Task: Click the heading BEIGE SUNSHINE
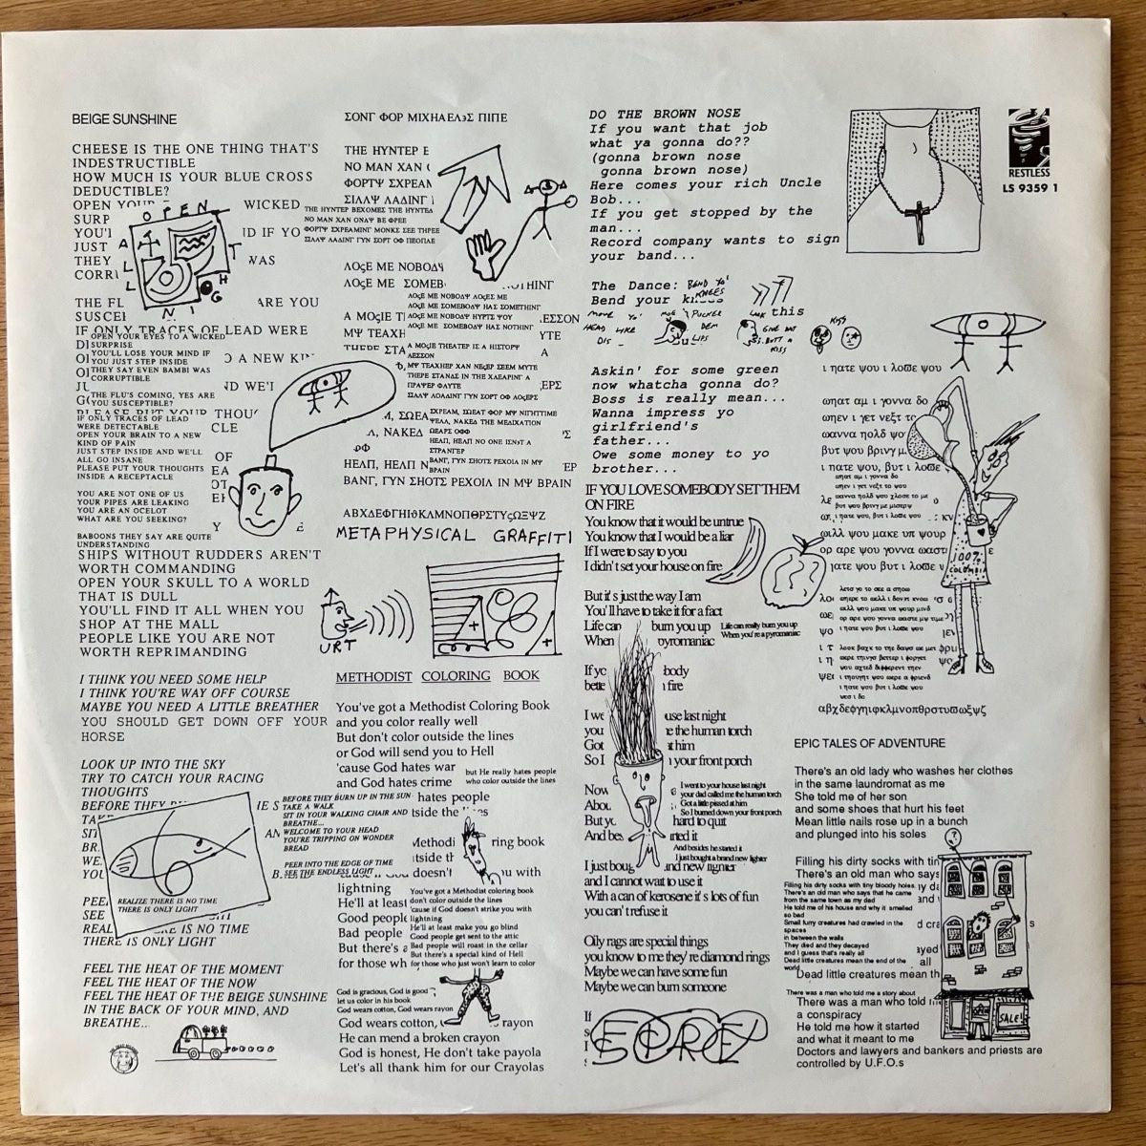124,120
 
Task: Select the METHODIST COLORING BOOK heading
437,675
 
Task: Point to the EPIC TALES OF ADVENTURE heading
869,742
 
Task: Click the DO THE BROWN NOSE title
665,114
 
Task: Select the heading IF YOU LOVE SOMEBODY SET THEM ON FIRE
691,496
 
